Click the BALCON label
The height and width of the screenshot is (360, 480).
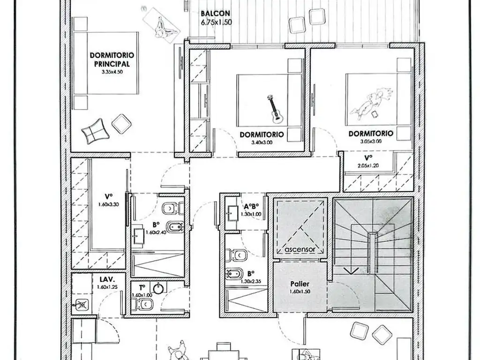pyautogui.click(x=216, y=14)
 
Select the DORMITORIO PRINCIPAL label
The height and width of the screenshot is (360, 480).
pyautogui.click(x=112, y=60)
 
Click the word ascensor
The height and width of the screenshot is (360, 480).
pyautogui.click(x=300, y=249)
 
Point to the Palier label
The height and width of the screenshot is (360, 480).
pyautogui.click(x=300, y=284)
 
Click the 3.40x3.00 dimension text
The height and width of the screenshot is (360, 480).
pyautogui.click(x=262, y=142)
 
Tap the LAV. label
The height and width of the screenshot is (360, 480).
pyautogui.click(x=107, y=279)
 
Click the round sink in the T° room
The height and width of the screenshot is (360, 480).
pyautogui.click(x=158, y=288)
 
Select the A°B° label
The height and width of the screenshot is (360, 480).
pyautogui.click(x=251, y=206)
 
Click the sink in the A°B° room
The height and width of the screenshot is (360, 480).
pyautogui.click(x=232, y=212)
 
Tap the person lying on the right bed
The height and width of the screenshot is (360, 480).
pyautogui.click(x=371, y=103)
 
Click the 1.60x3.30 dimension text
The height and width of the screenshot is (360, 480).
pyautogui.click(x=109, y=204)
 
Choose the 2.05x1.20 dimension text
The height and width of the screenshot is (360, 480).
pyautogui.click(x=368, y=165)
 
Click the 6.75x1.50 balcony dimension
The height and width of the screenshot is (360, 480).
pyautogui.click(x=216, y=22)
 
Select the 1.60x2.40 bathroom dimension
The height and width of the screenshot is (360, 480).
pyautogui.click(x=156, y=232)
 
